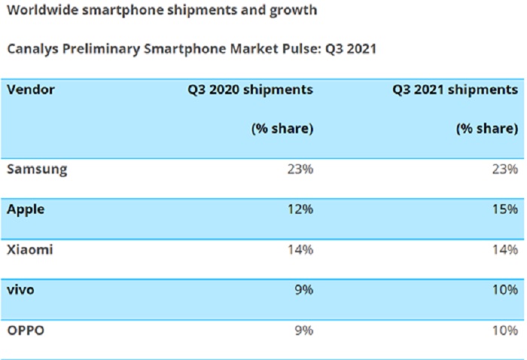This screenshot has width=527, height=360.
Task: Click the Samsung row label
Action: [37, 169]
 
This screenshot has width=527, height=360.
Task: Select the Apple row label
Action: [26, 209]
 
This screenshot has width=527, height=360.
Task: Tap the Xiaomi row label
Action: [30, 249]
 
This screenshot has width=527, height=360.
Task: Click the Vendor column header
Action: [31, 90]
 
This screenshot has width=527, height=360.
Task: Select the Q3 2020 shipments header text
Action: [251, 90]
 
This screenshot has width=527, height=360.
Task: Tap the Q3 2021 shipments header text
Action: [455, 90]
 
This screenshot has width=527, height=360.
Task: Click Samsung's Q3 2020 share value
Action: [300, 169]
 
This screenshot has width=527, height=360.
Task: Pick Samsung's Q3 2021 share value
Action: [504, 169]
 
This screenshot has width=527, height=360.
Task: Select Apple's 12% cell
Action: [300, 209]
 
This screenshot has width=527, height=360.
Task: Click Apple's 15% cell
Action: [504, 209]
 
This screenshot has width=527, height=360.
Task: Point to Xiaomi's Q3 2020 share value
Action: [300, 249]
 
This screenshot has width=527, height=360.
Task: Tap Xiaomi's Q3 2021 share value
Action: [504, 249]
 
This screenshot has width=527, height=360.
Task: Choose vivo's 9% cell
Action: [303, 289]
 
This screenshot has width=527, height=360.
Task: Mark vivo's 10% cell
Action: [504, 289]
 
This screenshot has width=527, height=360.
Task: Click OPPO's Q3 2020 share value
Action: [303, 329]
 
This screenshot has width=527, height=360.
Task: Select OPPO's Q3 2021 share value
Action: [504, 329]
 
